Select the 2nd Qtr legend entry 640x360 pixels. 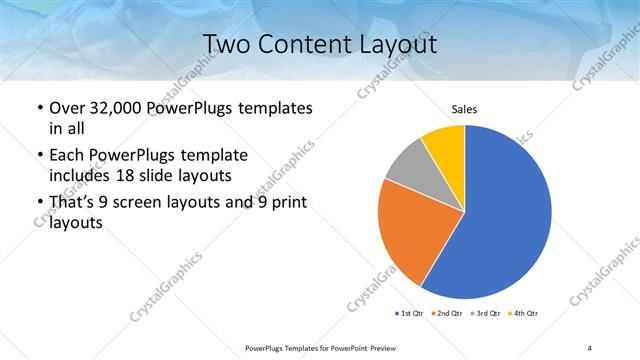pos(448,314)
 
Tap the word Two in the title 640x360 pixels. pos(227,44)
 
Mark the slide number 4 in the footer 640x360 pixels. pos(590,347)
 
